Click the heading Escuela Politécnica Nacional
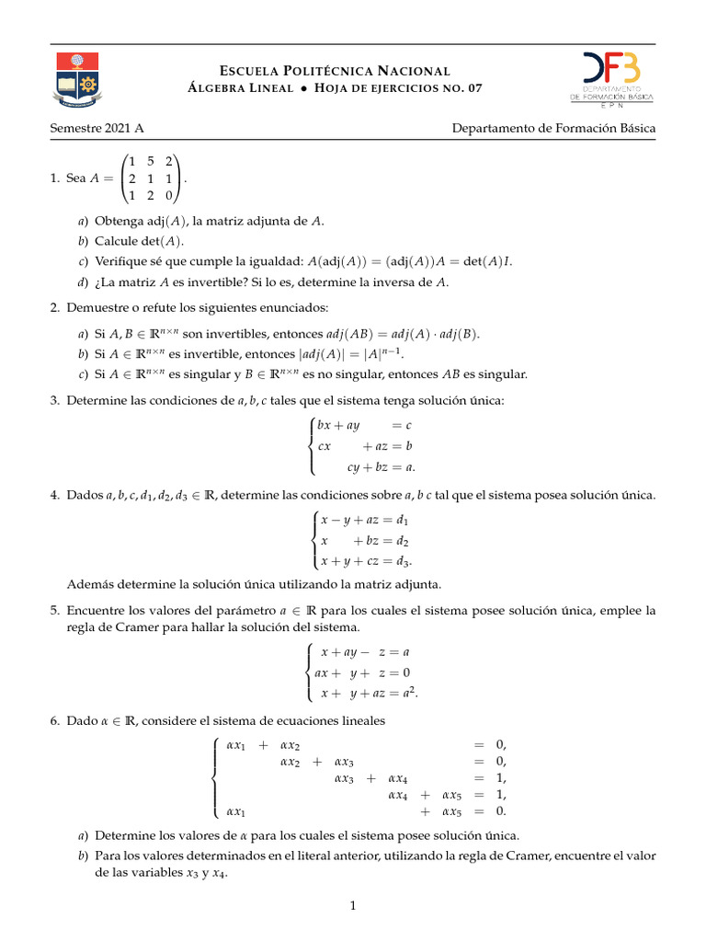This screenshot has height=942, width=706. [x=335, y=71]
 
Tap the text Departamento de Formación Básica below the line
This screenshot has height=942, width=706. [x=553, y=129]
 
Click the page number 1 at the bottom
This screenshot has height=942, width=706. [x=352, y=907]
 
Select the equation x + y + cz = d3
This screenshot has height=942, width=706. [x=365, y=561]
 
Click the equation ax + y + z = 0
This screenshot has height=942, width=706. [x=362, y=672]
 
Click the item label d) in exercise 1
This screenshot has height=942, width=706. [x=84, y=282]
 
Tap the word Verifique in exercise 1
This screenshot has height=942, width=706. [x=122, y=261]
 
